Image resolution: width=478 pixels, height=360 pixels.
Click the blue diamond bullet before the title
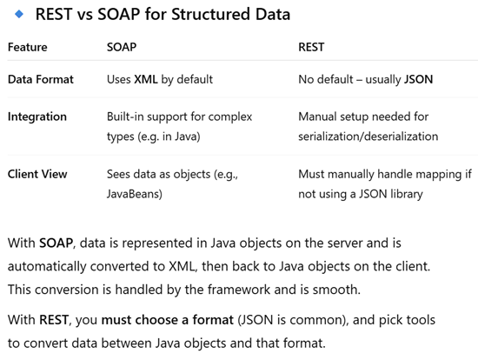point(19,14)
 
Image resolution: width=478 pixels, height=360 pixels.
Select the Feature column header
point(28,47)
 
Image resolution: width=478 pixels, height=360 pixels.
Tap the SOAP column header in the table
point(122,47)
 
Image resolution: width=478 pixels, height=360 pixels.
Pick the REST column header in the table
point(311,47)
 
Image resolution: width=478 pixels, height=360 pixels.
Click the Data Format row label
point(41,79)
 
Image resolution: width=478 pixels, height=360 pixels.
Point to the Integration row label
point(37,117)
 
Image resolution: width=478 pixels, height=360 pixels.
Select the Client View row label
point(37,174)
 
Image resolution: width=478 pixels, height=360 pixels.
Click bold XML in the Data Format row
point(146,79)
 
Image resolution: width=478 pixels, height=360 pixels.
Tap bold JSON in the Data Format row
point(418,79)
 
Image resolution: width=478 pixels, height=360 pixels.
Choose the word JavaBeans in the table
point(133,194)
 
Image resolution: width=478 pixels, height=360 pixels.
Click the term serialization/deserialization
point(368,137)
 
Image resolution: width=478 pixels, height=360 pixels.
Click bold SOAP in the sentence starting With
point(56,243)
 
